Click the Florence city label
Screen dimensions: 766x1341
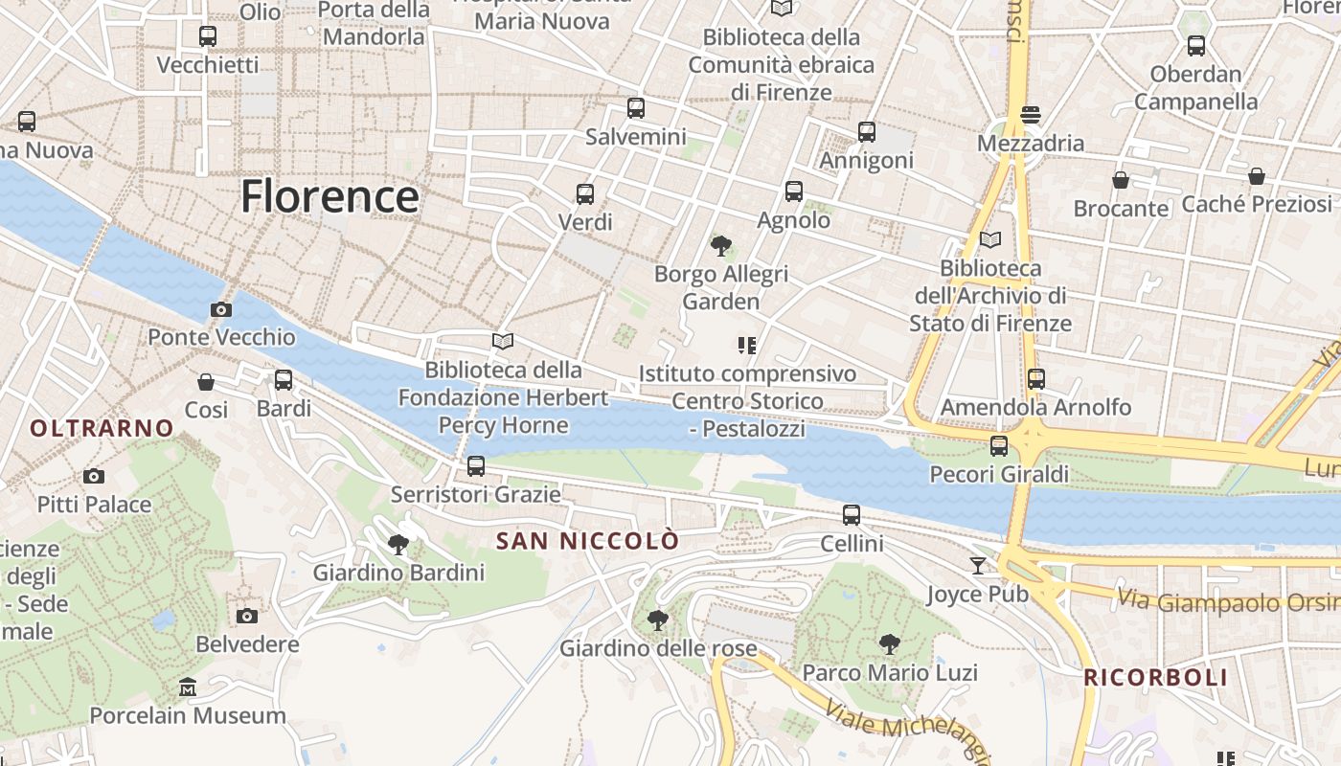[330, 196]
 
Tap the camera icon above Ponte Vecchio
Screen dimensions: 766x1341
[221, 309]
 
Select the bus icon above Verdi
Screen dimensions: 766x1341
[585, 194]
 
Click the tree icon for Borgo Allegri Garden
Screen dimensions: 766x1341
[721, 246]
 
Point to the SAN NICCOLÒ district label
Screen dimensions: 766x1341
[588, 541]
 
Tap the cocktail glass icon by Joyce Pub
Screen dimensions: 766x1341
[977, 566]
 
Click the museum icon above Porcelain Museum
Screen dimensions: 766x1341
[188, 687]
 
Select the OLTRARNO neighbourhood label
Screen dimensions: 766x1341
[102, 428]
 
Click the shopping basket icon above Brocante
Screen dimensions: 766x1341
[1120, 180]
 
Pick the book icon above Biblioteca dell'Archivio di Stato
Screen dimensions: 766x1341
[990, 240]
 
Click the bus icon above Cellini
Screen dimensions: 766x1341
[852, 515]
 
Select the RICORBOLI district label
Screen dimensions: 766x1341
[1155, 678]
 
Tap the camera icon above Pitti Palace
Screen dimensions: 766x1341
[94, 476]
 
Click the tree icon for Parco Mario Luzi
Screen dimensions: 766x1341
[890, 644]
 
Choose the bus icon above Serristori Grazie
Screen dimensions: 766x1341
[476, 466]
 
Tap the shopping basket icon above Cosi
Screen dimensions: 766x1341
[206, 382]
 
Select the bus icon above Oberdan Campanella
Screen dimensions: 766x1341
[1195, 45]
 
